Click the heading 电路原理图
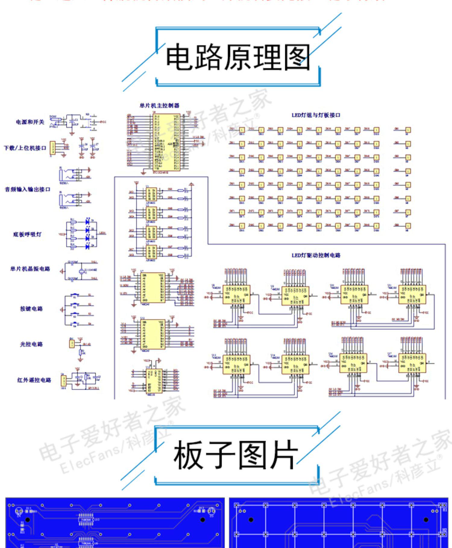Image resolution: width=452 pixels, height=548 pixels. point(238,57)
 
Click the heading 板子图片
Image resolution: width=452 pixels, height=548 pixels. point(235,455)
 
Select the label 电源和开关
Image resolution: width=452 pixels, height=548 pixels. point(30,122)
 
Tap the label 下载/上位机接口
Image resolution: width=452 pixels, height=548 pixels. point(25,148)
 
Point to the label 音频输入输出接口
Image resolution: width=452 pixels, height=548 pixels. point(27,189)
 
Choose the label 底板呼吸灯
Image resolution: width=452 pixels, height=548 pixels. point(27,234)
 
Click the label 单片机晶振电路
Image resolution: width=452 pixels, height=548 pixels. point(30,269)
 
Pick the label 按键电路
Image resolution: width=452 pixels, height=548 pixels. point(31,309)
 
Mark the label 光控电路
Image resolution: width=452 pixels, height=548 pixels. point(31,344)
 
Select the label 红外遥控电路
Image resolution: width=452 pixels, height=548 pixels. point(34,380)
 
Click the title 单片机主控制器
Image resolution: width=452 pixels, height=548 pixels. point(159,106)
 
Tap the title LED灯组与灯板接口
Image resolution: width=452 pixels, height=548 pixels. point(316,115)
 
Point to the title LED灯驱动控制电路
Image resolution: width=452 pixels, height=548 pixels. point(316,255)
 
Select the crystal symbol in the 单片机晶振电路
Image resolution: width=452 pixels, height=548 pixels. point(81,271)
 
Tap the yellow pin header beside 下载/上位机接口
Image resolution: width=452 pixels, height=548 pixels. point(53,149)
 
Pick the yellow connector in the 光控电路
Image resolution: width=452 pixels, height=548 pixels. point(72,344)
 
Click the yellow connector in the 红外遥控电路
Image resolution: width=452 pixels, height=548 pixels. point(64,381)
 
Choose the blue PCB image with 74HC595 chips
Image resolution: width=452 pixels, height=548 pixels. point(115,523)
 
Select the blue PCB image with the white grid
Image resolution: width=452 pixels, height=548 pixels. point(338,523)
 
